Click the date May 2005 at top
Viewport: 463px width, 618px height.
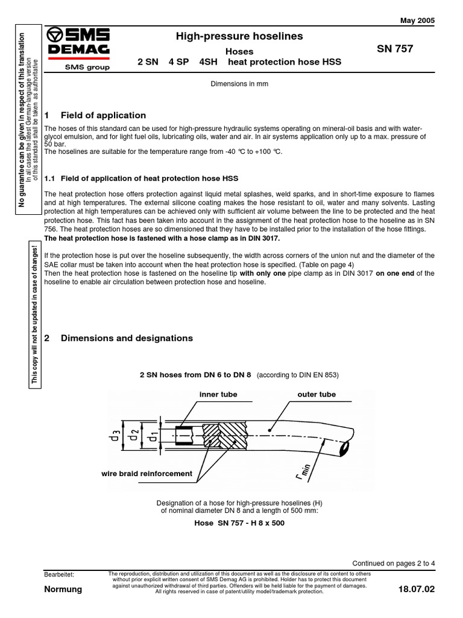417,20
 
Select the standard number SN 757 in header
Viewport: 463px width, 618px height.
395,49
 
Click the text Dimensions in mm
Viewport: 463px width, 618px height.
239,84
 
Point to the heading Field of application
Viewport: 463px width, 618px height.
103,115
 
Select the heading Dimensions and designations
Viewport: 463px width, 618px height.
127,338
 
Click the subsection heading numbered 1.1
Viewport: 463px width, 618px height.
142,179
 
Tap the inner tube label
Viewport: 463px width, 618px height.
218,394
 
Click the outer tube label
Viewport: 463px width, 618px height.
317,394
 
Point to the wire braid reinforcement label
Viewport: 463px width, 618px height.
146,474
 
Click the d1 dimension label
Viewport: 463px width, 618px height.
154,435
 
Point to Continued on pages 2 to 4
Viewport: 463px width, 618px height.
393,563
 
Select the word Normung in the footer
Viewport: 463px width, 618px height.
63,589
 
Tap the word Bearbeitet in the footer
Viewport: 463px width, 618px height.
59,574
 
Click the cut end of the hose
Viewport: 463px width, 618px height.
346,448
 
